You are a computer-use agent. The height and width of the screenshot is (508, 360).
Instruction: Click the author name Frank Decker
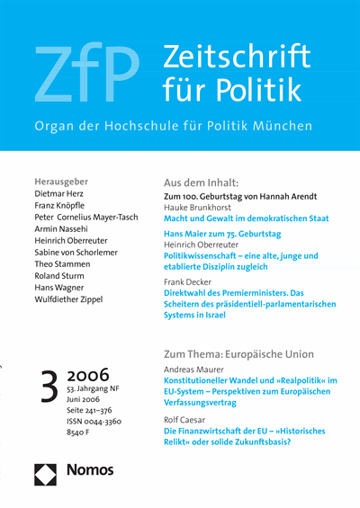(x=192, y=281)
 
